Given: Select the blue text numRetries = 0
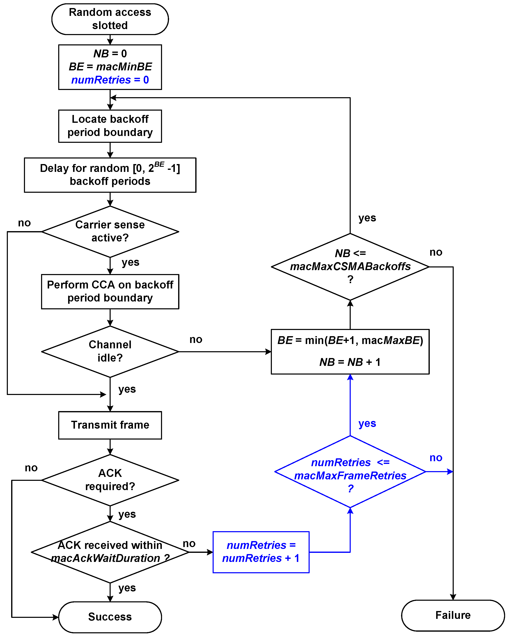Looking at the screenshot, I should coord(110,80).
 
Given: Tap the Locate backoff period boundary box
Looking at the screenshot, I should coord(110,126).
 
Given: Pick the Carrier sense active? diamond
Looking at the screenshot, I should coord(110,231).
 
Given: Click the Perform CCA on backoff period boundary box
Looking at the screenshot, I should coord(110,291).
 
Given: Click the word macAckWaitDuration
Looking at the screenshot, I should coord(105,558).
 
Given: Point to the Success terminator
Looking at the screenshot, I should coord(110,617).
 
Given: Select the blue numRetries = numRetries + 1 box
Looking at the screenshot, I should coord(261,552).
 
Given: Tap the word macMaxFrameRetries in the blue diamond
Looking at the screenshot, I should coord(350,475).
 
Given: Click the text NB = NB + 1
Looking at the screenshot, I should coord(350,362).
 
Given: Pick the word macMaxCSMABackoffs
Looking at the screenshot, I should coord(350,266).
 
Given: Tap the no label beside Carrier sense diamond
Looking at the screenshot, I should coord(24,223).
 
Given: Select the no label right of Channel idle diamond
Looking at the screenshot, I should coord(196,339).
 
